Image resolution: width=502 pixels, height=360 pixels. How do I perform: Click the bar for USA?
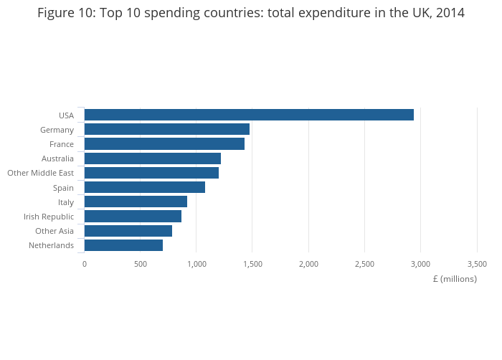(249, 115)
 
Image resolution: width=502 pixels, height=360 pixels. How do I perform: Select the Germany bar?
(167, 129)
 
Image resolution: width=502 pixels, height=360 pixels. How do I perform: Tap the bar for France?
(164, 143)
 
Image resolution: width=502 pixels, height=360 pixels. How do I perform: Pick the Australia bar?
(153, 158)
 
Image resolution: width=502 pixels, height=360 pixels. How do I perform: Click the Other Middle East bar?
(151, 173)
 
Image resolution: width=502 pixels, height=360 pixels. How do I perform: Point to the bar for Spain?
(145, 187)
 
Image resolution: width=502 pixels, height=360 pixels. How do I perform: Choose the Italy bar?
(136, 202)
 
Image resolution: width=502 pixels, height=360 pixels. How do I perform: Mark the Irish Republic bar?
(133, 216)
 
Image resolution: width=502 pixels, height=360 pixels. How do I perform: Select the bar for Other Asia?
(128, 231)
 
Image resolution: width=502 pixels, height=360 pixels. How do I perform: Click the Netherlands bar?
(123, 245)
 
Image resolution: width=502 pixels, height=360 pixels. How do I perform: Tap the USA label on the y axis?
(66, 115)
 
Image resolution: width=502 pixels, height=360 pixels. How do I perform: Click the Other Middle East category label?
(40, 173)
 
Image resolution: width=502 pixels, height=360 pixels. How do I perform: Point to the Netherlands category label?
(51, 245)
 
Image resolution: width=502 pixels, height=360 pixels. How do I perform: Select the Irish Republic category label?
(48, 217)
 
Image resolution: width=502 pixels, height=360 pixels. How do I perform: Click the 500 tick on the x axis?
(141, 264)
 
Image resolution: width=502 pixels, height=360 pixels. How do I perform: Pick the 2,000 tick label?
(308, 264)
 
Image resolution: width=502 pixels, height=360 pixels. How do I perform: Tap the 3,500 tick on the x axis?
(477, 264)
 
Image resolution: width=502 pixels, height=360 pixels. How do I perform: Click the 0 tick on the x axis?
(85, 264)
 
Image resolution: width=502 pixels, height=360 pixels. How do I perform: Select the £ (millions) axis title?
(455, 279)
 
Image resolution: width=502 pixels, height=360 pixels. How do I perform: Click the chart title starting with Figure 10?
(251, 13)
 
